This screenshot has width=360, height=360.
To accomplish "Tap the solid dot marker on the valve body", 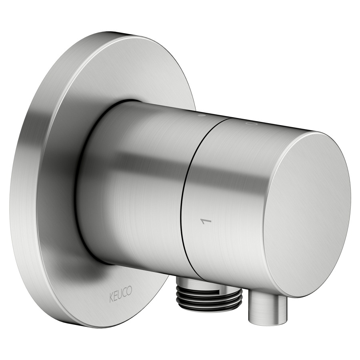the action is [202, 115].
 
